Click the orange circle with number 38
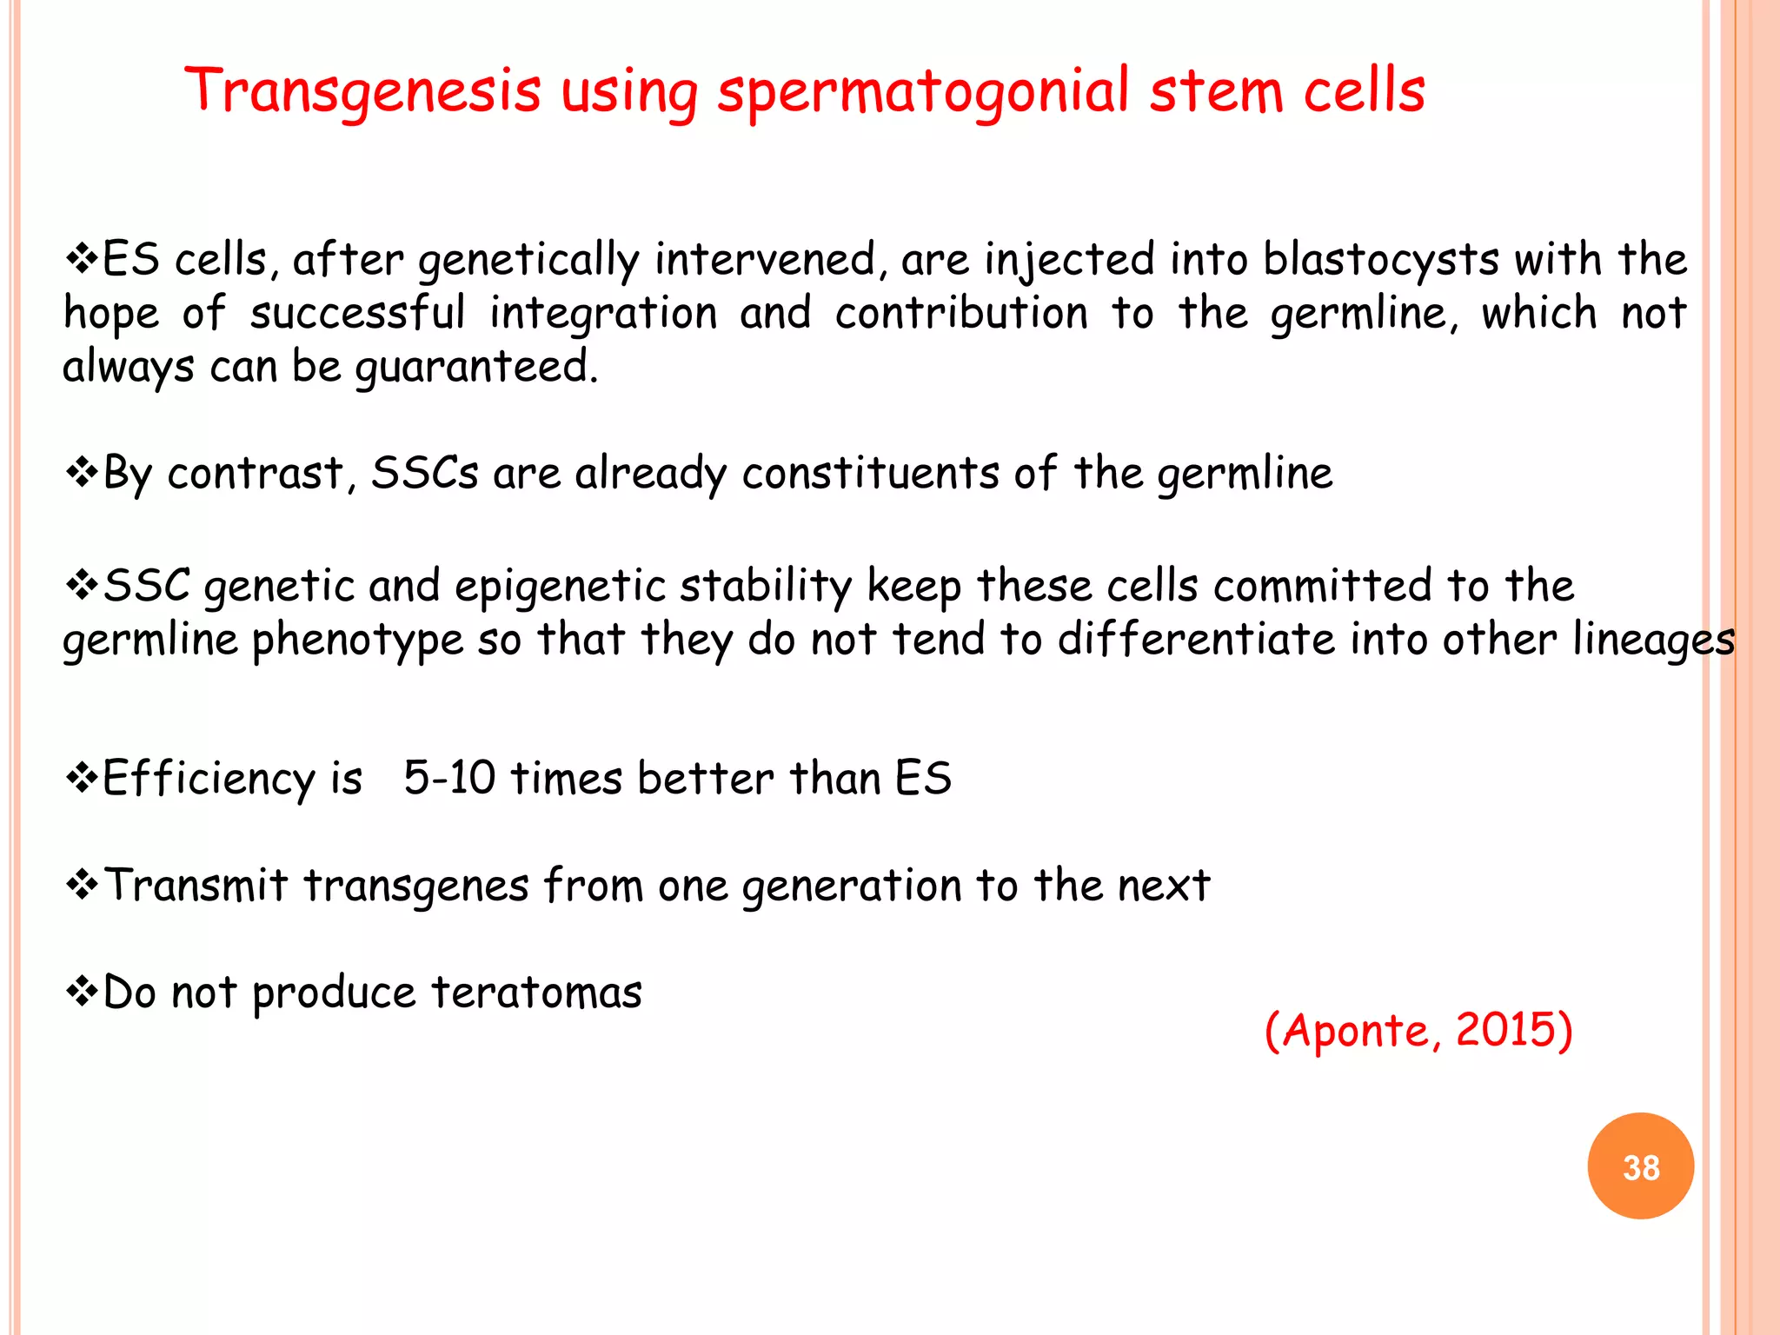click(1640, 1166)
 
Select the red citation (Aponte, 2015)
click(1418, 1031)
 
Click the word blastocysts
click(1381, 260)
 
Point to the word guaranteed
click(476, 367)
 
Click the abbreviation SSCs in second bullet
click(424, 474)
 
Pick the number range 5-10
click(449, 777)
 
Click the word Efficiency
click(208, 779)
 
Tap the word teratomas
click(536, 993)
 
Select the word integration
click(602, 313)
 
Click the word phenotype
click(357, 641)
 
